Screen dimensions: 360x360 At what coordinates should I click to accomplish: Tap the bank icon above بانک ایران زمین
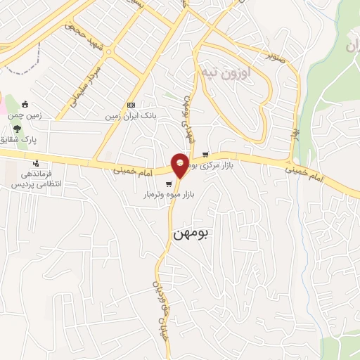131,105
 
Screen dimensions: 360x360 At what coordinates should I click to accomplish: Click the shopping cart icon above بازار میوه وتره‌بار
167,184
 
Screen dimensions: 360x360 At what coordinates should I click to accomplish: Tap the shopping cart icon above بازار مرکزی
205,155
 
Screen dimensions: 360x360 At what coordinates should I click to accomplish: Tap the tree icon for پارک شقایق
16,129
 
